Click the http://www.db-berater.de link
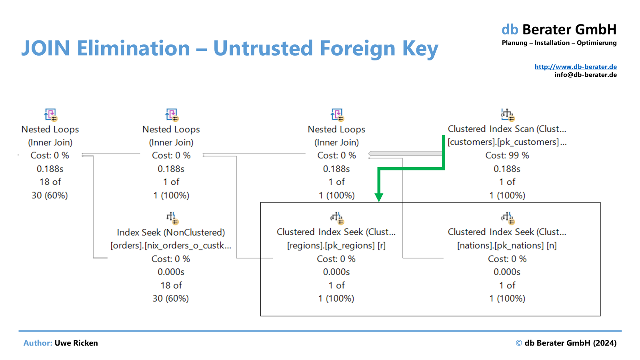click(576, 66)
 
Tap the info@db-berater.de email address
click(586, 75)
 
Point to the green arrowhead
click(379, 198)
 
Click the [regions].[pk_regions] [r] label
click(336, 246)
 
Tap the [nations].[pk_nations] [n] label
click(507, 246)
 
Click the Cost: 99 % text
click(507, 156)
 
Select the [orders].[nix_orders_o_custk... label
click(171, 246)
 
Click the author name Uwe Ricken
click(76, 343)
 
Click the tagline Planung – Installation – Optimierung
click(559, 43)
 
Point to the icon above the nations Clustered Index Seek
click(508, 218)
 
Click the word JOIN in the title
click(46, 48)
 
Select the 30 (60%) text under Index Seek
click(170, 298)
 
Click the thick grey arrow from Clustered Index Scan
click(405, 154)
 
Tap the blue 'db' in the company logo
click(510, 30)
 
